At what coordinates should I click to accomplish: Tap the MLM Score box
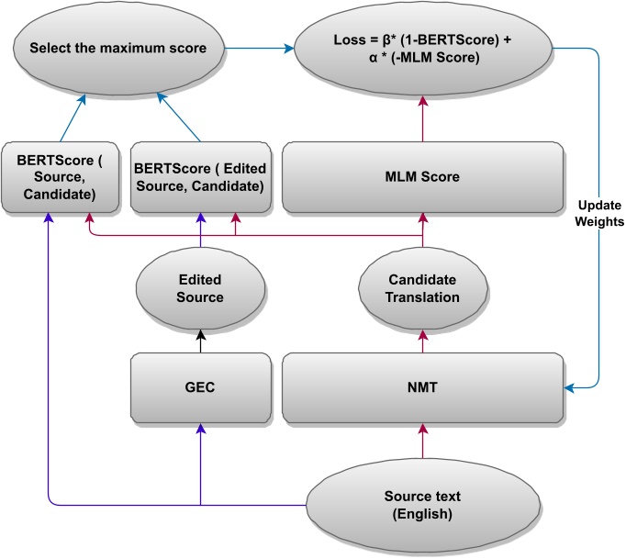pyautogui.click(x=421, y=176)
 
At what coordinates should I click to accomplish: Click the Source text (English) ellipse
pyautogui.click(x=421, y=505)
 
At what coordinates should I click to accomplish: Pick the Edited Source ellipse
pyautogui.click(x=201, y=288)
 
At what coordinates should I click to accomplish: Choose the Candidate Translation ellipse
pyautogui.click(x=421, y=288)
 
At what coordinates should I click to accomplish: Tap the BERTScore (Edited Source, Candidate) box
pyautogui.click(x=201, y=176)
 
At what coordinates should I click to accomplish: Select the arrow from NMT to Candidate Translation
pyautogui.click(x=421, y=339)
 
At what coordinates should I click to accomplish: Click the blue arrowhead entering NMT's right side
pyautogui.click(x=568, y=389)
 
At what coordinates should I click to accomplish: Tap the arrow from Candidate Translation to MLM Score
pyautogui.click(x=421, y=235)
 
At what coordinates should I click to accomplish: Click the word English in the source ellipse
pyautogui.click(x=421, y=514)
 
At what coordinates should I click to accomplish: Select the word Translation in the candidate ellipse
pyautogui.click(x=421, y=297)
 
